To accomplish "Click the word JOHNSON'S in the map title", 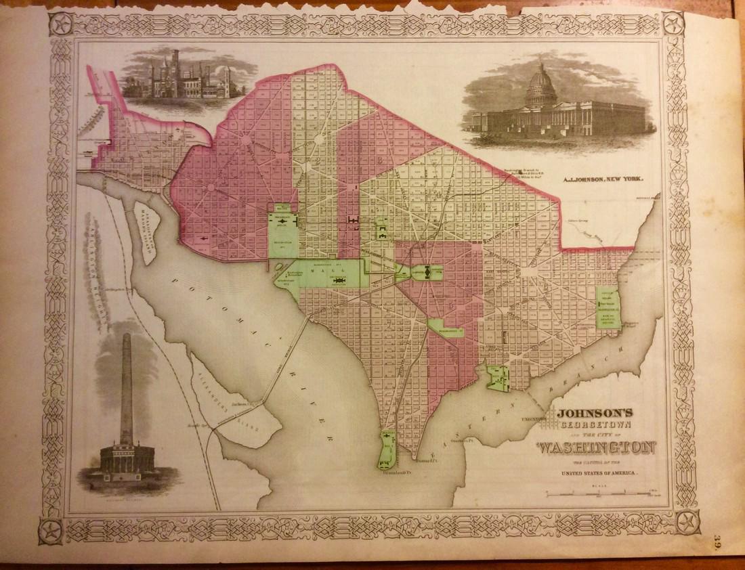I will tap(595, 411).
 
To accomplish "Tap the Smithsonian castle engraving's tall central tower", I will tap(175, 64).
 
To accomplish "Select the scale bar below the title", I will tap(596, 496).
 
